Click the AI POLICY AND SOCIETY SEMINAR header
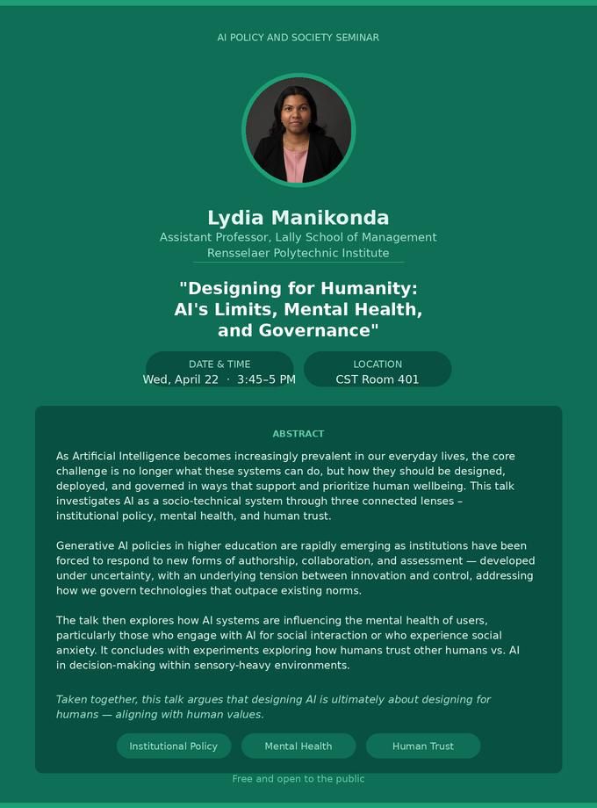click(298, 38)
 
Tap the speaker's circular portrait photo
click(298, 130)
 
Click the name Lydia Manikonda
click(298, 218)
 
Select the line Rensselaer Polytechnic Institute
click(298, 253)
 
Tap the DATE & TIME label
click(219, 364)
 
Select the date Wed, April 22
click(181, 379)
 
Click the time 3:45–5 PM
click(266, 379)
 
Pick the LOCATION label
click(378, 364)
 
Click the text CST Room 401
click(378, 379)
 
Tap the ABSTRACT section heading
click(298, 434)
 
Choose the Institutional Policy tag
click(174, 746)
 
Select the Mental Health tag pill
click(298, 746)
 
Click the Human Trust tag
click(423, 746)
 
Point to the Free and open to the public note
click(298, 779)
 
